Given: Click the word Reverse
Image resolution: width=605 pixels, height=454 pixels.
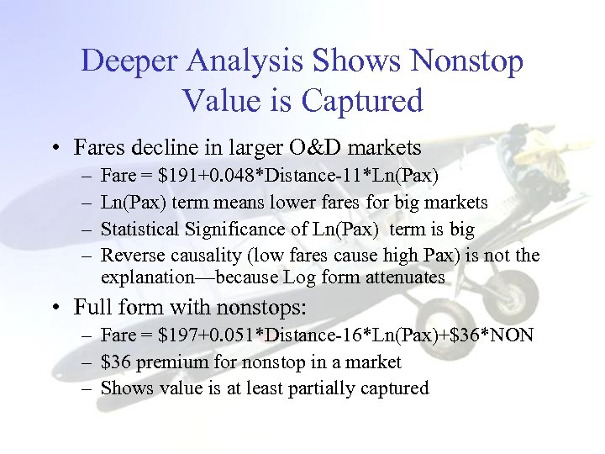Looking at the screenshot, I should [x=130, y=256].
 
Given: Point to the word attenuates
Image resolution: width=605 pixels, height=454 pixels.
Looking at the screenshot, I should [x=403, y=276].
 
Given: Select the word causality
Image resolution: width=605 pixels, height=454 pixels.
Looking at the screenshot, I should [x=196, y=256].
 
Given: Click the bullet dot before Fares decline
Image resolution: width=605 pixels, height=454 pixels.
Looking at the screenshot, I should [x=53, y=149].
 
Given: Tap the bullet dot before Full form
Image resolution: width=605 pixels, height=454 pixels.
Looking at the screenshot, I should [x=53, y=305].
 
